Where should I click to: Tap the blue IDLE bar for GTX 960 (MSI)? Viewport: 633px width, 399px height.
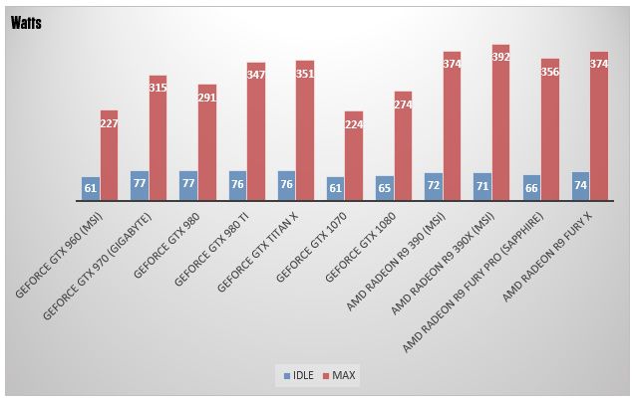(x=91, y=188)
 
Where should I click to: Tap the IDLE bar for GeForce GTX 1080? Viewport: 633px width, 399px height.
(x=384, y=186)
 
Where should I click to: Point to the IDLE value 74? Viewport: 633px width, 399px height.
(x=580, y=185)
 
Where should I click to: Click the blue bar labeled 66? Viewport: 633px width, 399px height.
(x=531, y=187)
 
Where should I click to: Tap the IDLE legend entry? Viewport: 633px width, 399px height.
(x=300, y=375)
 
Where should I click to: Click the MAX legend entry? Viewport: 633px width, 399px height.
(x=339, y=375)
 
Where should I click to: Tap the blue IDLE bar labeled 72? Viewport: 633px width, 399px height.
(x=434, y=186)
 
